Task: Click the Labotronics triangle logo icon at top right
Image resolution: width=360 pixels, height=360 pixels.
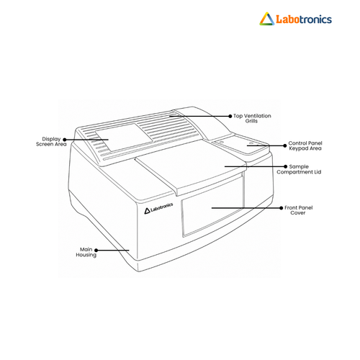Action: (267, 19)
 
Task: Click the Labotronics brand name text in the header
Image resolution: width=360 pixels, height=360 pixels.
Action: (304, 19)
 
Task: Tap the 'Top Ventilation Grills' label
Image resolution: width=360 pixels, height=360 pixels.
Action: (252, 119)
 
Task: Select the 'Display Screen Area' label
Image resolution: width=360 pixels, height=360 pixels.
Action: (51, 142)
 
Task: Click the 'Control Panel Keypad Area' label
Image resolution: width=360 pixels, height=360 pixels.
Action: (305, 145)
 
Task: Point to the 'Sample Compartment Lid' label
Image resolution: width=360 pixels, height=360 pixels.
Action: (299, 169)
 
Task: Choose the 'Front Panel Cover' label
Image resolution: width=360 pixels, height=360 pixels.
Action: (298, 210)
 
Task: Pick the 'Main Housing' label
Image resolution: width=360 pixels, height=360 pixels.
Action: (86, 252)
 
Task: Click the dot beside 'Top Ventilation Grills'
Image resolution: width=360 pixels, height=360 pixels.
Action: (230, 116)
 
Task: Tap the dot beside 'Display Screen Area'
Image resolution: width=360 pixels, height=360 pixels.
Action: (65, 140)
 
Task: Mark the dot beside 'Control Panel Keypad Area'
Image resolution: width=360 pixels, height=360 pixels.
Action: (285, 145)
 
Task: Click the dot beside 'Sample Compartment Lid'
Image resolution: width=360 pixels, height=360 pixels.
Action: (285, 166)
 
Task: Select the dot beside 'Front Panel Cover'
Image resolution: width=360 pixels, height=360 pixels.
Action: (282, 208)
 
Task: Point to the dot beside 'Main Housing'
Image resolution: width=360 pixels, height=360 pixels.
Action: (96, 251)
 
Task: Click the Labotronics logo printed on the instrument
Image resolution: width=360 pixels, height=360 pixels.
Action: (158, 208)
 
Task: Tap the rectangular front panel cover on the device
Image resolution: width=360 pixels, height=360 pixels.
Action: (213, 206)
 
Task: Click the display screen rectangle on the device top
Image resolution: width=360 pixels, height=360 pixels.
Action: (124, 138)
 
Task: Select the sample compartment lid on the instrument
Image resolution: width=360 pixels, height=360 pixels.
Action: (191, 167)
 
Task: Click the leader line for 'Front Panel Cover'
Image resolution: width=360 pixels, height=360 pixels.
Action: (246, 208)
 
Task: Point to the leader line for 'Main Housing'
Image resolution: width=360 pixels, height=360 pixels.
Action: (113, 251)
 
